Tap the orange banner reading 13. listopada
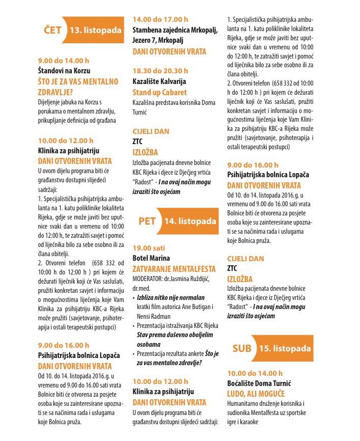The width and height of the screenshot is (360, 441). click(96, 31)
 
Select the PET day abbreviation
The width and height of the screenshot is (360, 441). click(147, 221)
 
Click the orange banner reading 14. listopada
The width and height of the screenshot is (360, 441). click(189, 221)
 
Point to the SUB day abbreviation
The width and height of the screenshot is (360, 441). click(242, 349)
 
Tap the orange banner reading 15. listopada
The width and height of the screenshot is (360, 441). click(285, 349)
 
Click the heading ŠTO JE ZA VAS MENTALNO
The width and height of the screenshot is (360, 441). click(78, 81)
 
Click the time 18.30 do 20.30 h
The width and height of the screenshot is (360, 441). click(160, 71)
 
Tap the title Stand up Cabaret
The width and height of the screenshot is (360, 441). click(160, 93)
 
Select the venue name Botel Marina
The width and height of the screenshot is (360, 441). click(151, 258)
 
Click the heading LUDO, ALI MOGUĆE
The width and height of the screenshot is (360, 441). click(256, 394)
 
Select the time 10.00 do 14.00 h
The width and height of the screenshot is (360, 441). click(255, 373)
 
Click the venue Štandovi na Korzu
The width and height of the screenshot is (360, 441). click(64, 71)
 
